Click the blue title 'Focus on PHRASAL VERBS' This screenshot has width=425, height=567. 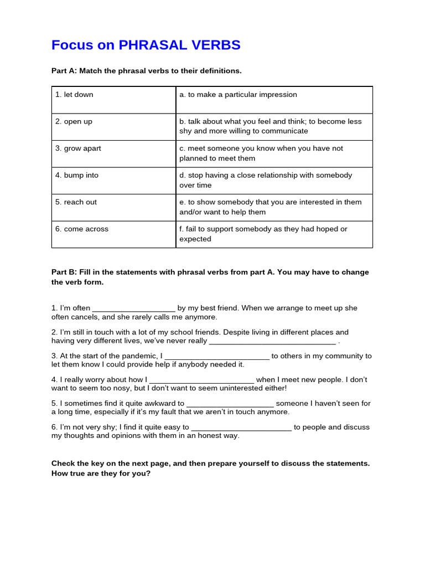pos(146,45)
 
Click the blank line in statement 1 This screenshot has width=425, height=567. pos(133,309)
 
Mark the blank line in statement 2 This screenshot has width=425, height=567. pos(272,342)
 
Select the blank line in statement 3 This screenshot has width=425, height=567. pos(217,357)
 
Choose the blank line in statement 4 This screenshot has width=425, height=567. pos(201,381)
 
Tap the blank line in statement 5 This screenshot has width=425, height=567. pos(230,405)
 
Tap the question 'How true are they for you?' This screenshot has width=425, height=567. pos(101,473)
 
